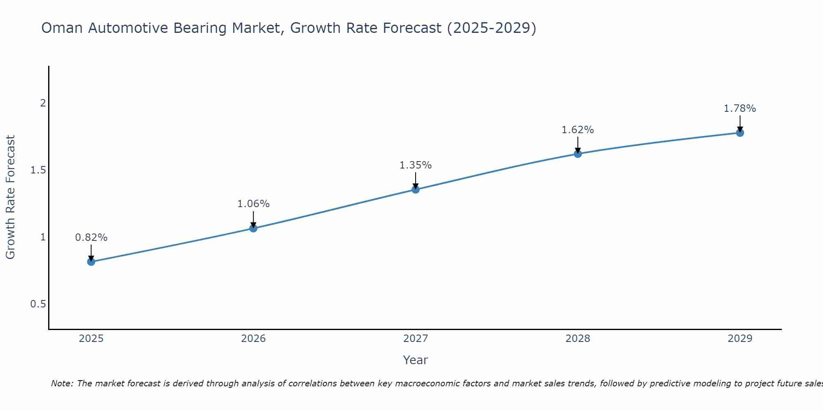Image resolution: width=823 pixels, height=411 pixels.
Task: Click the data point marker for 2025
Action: pos(91,262)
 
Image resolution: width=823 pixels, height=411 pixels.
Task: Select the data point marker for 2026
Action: pos(253,228)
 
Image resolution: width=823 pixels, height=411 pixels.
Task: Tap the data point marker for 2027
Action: pos(416,189)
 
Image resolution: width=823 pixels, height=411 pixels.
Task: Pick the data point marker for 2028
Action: pos(578,154)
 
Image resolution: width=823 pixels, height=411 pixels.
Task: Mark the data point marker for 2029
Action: pos(740,133)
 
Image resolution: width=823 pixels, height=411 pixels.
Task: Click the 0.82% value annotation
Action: pos(91,238)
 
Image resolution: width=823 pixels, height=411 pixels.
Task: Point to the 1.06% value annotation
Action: pos(253,204)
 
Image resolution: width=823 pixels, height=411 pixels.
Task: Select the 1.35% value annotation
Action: pos(416,165)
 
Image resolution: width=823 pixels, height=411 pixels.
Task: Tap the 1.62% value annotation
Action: pos(578,130)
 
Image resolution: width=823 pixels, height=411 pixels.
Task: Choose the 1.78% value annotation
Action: pos(740,109)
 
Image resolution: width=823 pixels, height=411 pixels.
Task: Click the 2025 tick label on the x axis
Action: pos(91,339)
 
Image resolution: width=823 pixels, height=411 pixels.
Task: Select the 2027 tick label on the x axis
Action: pos(416,339)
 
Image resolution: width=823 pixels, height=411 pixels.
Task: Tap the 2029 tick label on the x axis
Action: pos(740,339)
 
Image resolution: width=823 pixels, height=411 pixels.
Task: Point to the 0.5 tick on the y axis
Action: pos(38,304)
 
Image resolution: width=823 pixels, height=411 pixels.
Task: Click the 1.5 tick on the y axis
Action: pos(38,170)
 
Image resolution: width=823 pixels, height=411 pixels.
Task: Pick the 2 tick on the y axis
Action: pos(43,103)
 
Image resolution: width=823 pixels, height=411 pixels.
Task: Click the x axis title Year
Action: pos(416,360)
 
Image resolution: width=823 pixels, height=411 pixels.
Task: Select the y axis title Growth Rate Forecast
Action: pos(10,197)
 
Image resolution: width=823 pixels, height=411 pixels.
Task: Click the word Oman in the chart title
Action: pos(63,28)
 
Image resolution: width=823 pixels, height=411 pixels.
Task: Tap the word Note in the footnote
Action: pos(62,383)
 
